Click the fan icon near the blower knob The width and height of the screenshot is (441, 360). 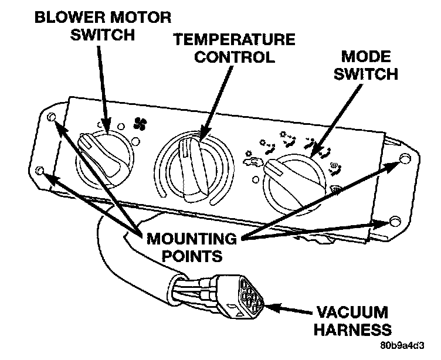(x=140, y=123)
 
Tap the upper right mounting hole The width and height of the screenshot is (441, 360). (x=405, y=159)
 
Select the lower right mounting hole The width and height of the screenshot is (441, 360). (x=394, y=222)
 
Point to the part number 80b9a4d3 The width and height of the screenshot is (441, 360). (x=405, y=346)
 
